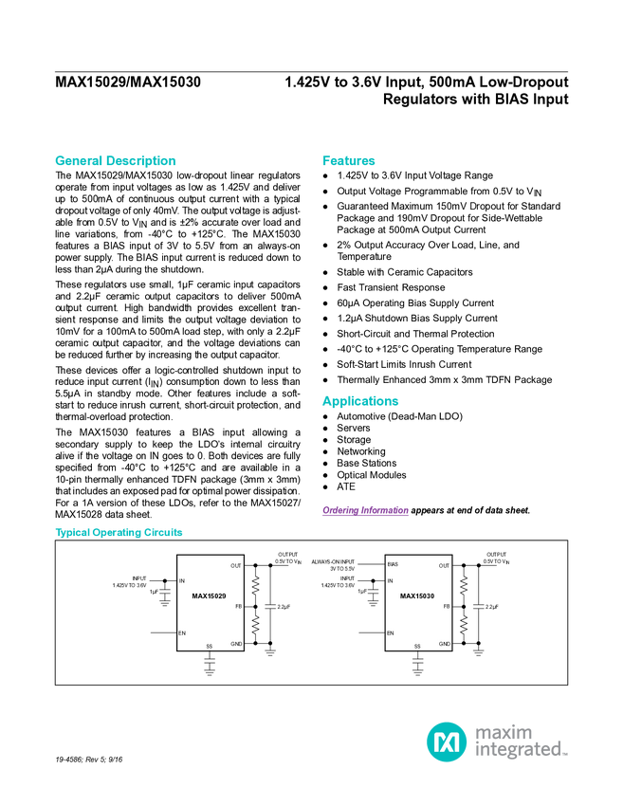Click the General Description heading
tap(116, 161)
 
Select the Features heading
tap(349, 161)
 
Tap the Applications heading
tap(360, 401)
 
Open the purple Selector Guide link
tap(365, 511)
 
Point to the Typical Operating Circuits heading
tap(119, 532)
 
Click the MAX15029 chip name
tap(210, 596)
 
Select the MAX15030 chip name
tap(417, 596)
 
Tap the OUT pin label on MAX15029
tap(235, 566)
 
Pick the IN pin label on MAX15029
tap(182, 580)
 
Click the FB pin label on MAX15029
tap(238, 606)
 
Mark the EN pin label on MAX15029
tap(182, 632)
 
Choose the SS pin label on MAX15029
tap(210, 646)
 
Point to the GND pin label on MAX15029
tap(236, 644)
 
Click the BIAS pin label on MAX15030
tap(393, 564)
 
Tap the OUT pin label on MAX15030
tap(444, 566)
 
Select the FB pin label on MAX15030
tap(446, 606)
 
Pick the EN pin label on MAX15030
tap(390, 632)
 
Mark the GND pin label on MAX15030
tap(444, 644)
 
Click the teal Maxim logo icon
tap(446, 742)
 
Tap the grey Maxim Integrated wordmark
tap(521, 742)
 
